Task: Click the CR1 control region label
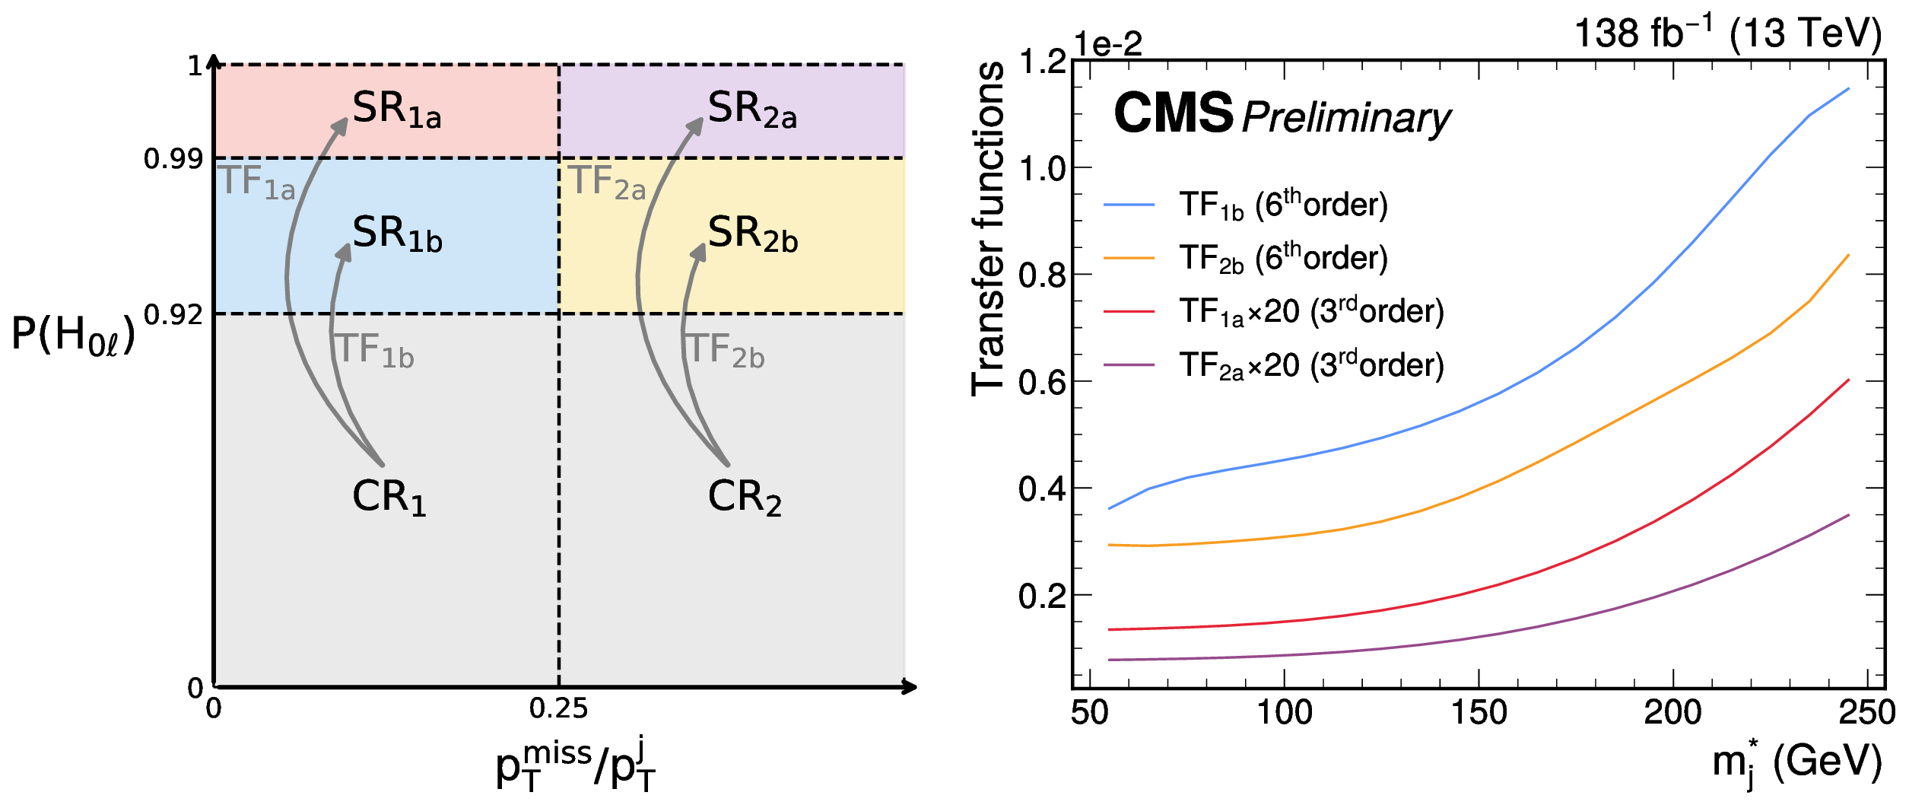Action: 389,497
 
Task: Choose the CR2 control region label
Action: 744,497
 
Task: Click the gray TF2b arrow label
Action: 726,351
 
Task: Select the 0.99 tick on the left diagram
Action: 173,159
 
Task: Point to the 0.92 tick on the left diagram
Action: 173,314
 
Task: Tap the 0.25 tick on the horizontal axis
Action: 558,709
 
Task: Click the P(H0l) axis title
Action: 73,334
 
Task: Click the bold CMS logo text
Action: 1173,113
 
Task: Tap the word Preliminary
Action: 1346,118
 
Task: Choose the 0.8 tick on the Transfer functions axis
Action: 1042,275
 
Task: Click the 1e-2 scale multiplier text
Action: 1107,44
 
